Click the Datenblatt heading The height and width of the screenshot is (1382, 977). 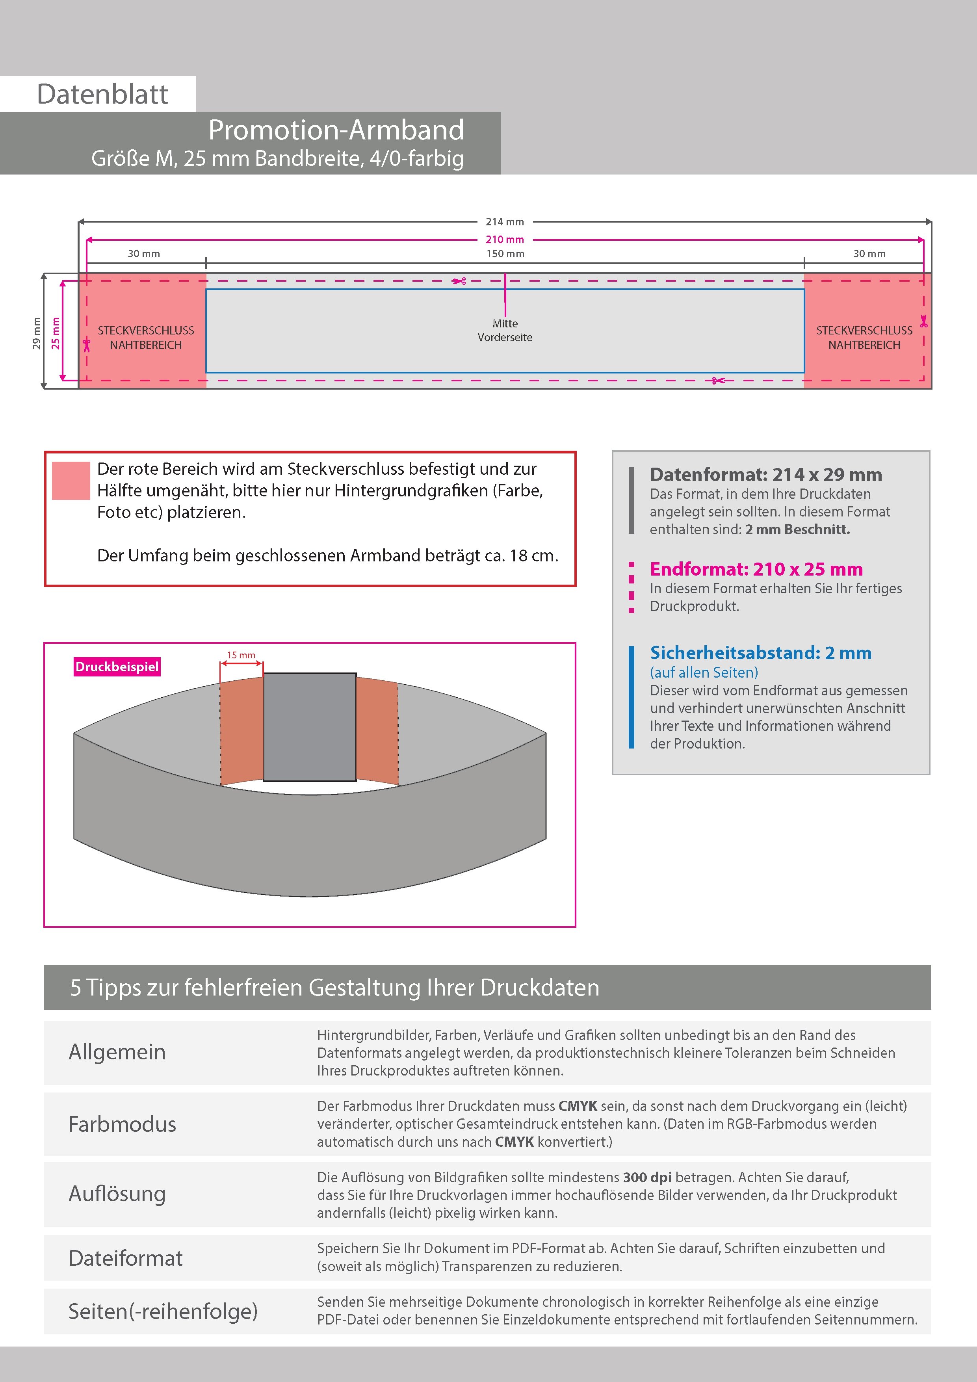pyautogui.click(x=102, y=95)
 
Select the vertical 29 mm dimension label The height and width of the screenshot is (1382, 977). pyautogui.click(x=37, y=333)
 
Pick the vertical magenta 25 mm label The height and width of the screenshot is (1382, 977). pyautogui.click(x=56, y=333)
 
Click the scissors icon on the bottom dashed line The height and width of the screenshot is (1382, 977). pyautogui.click(x=717, y=381)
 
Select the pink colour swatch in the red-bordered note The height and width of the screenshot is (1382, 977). pyautogui.click(x=71, y=480)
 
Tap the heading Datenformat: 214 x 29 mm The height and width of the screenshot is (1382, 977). pyautogui.click(x=766, y=474)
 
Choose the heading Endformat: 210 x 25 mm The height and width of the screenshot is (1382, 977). pyautogui.click(x=756, y=569)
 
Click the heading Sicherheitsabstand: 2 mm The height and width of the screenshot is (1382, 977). pyautogui.click(x=760, y=652)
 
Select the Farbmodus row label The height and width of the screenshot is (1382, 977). pyautogui.click(x=122, y=1124)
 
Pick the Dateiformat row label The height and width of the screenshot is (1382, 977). pyautogui.click(x=125, y=1258)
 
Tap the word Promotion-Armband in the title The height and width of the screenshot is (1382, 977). pyautogui.click(x=336, y=130)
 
